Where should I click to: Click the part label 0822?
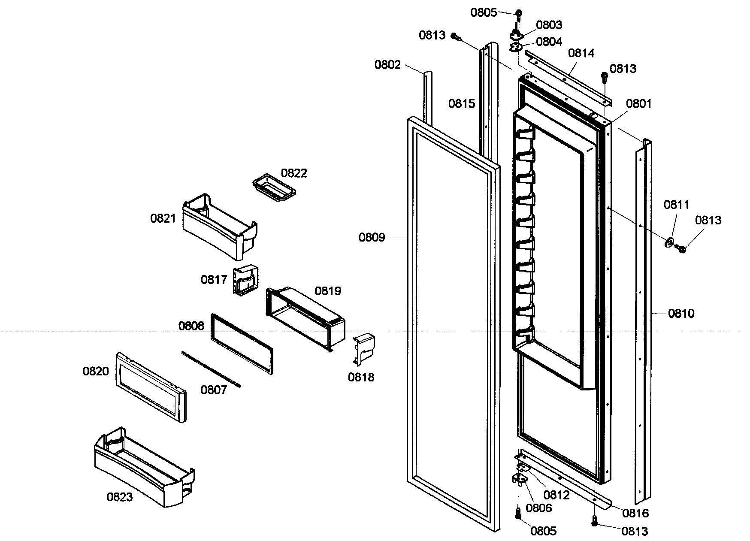pos(294,173)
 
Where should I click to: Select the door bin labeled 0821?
pos(219,227)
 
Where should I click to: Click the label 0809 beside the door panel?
pos(372,237)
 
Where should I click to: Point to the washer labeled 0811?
pos(669,243)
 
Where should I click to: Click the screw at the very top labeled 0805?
pos(519,14)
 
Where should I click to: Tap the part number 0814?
pos(581,53)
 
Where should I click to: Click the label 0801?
pos(638,103)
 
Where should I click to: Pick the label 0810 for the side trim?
pos(681,314)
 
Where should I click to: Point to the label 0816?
pos(636,513)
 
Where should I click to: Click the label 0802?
pos(387,65)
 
